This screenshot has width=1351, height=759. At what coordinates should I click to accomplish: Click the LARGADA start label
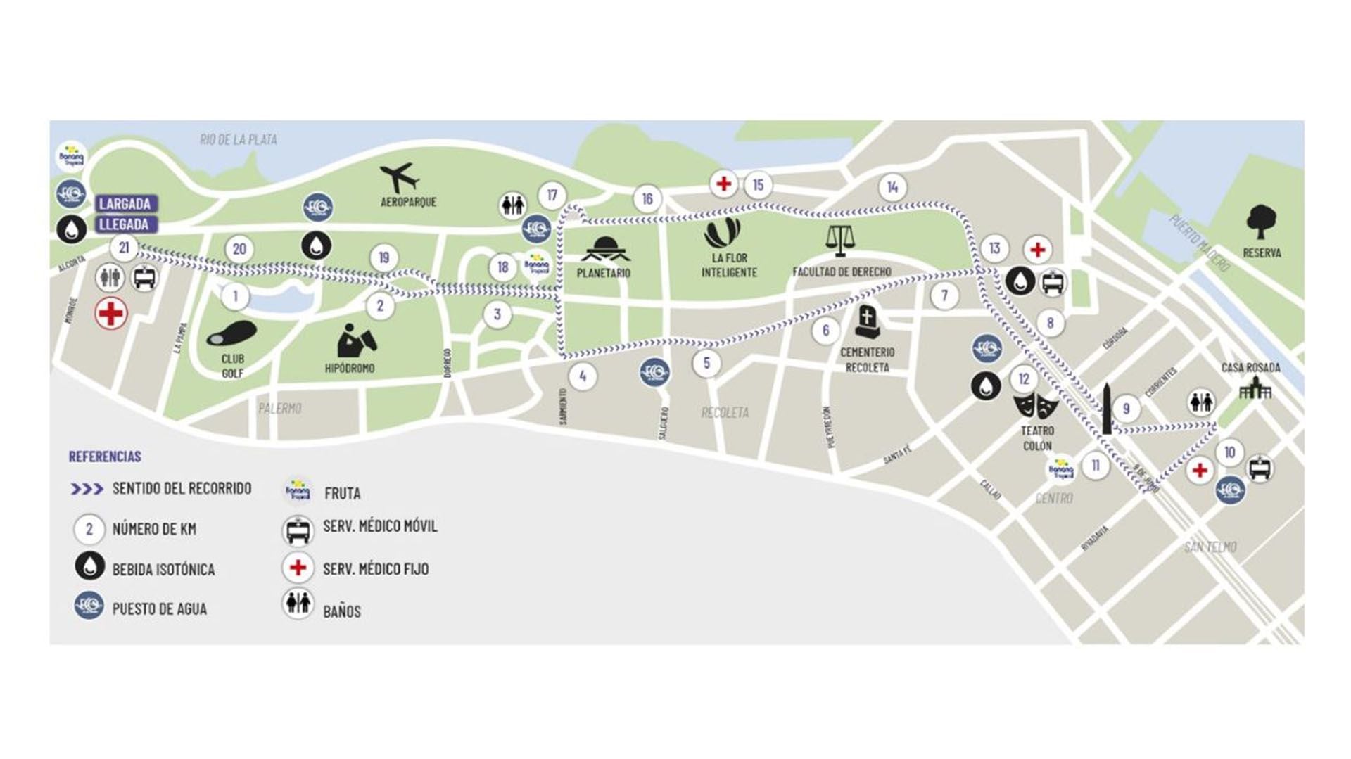click(125, 204)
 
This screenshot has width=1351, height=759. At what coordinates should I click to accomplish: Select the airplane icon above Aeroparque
click(400, 177)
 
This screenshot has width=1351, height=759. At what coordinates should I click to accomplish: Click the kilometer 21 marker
click(125, 248)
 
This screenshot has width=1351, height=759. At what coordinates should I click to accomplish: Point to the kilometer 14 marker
click(892, 187)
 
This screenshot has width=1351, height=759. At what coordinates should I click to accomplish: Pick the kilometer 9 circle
click(1126, 409)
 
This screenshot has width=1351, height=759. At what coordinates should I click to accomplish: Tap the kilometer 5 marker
click(706, 363)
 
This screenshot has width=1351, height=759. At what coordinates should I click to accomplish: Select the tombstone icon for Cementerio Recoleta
click(866, 322)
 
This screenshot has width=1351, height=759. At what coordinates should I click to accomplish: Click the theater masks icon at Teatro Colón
click(1036, 406)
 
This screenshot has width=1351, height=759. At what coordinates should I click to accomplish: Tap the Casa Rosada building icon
click(1255, 387)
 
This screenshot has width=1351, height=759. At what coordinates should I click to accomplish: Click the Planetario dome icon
click(604, 249)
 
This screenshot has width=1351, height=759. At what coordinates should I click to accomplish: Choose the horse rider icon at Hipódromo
click(355, 340)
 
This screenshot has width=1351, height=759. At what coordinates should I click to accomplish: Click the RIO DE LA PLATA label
click(239, 139)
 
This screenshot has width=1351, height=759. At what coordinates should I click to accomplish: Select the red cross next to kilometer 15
click(723, 184)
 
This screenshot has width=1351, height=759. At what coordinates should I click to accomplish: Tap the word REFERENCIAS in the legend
click(105, 457)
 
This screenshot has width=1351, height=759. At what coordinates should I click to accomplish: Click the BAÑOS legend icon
click(298, 604)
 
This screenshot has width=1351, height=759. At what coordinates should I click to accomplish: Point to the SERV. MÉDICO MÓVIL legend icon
click(298, 530)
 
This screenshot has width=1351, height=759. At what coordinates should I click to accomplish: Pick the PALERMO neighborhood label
click(280, 409)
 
